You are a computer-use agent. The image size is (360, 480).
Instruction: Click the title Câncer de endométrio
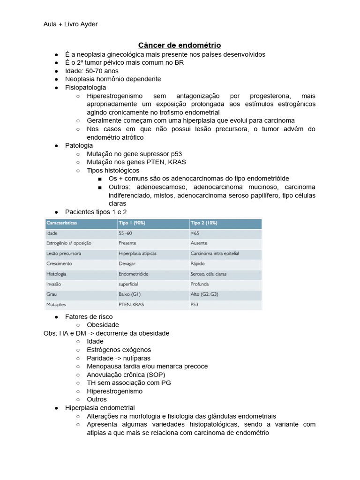point(180,45)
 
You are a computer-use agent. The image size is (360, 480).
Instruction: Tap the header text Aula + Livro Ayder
point(70,24)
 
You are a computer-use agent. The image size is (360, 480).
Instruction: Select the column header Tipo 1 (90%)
point(132,223)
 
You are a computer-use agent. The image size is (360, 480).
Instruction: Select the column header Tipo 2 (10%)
point(204,223)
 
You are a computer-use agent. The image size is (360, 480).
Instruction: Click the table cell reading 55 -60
point(126,233)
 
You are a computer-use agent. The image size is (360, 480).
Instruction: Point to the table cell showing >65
point(195,233)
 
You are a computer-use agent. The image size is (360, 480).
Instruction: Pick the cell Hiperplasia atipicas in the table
point(137,254)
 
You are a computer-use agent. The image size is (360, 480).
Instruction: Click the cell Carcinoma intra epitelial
point(215,254)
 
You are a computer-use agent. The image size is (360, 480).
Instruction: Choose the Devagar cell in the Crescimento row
point(127,263)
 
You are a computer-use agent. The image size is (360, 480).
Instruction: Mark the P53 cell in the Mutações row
point(195,305)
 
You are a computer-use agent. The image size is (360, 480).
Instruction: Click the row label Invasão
point(53,284)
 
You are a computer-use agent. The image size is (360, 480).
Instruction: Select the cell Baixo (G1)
point(129,294)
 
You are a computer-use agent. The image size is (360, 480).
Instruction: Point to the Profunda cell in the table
point(200,284)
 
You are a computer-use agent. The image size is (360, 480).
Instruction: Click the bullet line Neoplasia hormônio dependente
point(113,79)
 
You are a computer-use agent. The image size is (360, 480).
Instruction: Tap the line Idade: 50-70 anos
point(92,71)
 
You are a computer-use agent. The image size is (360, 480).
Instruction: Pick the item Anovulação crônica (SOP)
point(126,375)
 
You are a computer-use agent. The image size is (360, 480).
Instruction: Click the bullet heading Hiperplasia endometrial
point(100,408)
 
